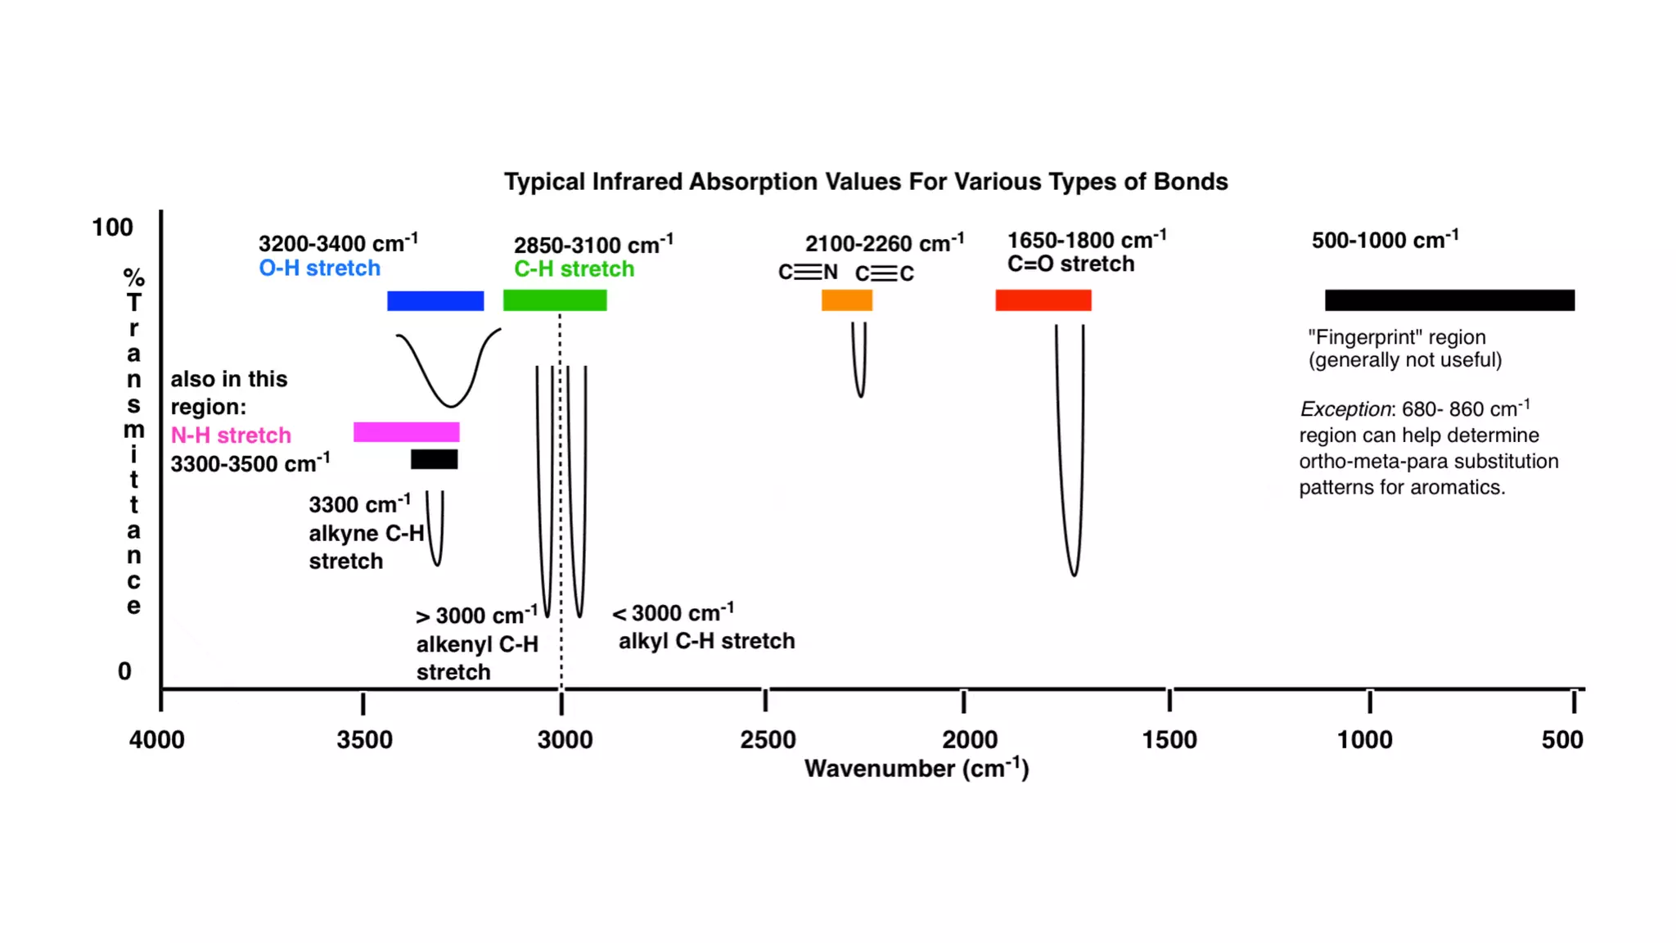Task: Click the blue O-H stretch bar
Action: click(435, 300)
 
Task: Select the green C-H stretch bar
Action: click(555, 300)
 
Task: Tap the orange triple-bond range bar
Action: click(847, 300)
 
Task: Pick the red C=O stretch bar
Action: click(1043, 300)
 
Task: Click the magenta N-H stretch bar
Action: click(406, 432)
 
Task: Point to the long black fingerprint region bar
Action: click(1449, 300)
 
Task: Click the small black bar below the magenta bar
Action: click(435, 459)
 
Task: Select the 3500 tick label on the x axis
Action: click(364, 740)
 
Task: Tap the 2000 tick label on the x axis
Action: click(970, 740)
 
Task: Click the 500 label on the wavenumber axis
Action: click(1561, 740)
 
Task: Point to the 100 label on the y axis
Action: click(112, 228)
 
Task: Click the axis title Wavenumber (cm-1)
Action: click(916, 769)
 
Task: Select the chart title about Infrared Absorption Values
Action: click(866, 182)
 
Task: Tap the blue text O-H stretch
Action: click(319, 268)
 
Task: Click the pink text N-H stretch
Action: click(231, 435)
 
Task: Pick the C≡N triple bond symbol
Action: click(808, 272)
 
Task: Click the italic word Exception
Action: click(1345, 409)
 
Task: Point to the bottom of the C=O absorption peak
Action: click(1074, 575)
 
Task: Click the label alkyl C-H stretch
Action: click(706, 641)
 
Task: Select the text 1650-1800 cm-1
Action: click(1086, 241)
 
